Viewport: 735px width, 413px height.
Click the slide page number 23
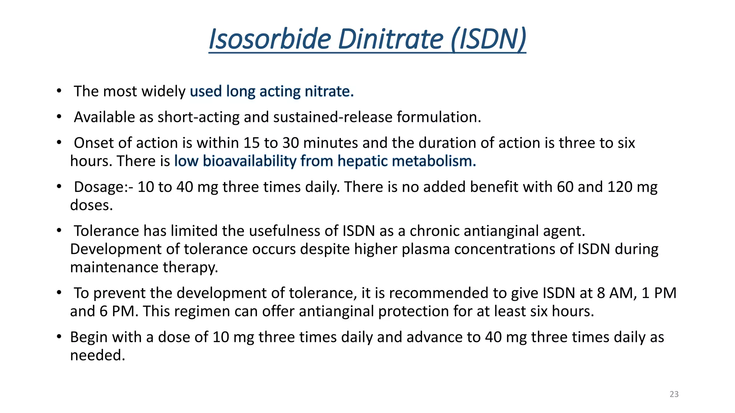tap(674, 394)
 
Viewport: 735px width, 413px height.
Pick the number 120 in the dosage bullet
tap(620, 187)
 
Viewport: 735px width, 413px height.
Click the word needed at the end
tap(97, 356)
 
